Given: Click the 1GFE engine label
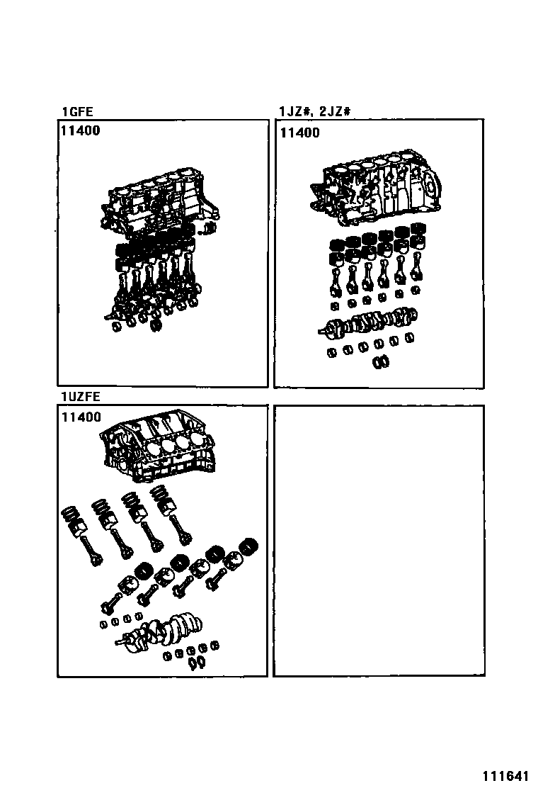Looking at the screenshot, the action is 77,111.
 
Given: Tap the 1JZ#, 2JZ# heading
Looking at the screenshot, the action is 316,111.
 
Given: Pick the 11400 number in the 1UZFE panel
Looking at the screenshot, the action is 81,417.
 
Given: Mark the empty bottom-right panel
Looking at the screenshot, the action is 379,540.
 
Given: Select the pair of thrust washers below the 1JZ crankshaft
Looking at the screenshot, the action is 381,361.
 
